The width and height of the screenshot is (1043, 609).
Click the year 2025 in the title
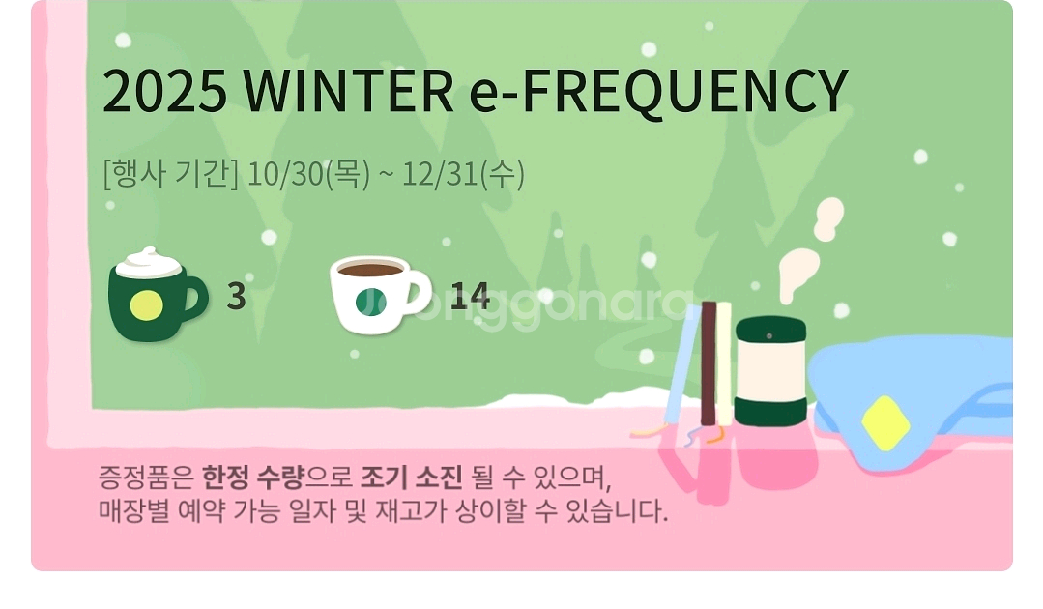pos(164,91)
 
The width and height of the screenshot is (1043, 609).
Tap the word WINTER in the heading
pos(349,91)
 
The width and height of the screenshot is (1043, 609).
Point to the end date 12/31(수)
pos(463,174)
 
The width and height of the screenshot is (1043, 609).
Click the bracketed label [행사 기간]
pos(170,174)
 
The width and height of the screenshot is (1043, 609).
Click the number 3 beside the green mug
pos(236,297)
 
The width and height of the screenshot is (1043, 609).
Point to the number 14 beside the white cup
pos(470,297)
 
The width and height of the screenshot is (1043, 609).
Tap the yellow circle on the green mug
pos(146,306)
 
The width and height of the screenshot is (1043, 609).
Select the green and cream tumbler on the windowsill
pos(770,371)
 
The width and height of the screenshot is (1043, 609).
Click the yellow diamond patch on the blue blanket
pos(884,423)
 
